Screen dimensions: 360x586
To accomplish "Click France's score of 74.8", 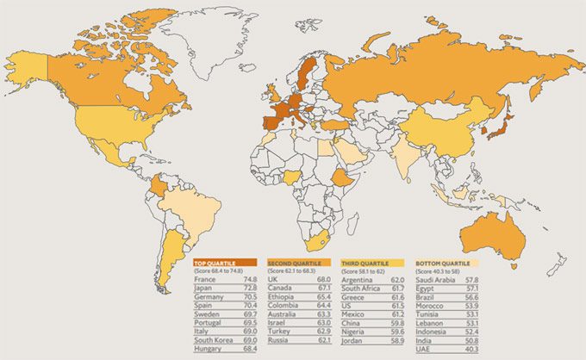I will (x=251, y=280).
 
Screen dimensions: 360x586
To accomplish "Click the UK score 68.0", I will (x=325, y=280).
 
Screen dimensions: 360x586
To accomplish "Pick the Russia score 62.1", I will (x=325, y=342).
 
